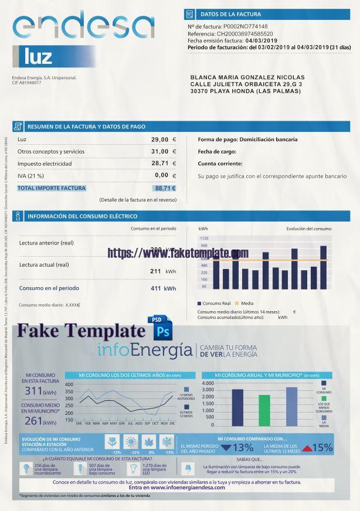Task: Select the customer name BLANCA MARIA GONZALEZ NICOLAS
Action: (x=247, y=77)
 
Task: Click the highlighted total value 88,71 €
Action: (x=165, y=188)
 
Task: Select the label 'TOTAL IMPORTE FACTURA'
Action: (x=52, y=188)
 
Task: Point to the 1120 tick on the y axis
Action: (x=204, y=239)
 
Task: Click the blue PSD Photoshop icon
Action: (x=161, y=328)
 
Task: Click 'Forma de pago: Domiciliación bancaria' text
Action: (x=247, y=139)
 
